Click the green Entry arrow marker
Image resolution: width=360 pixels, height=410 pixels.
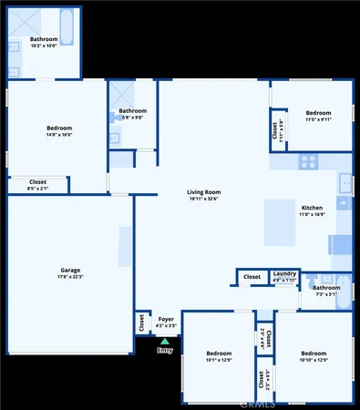[164, 341]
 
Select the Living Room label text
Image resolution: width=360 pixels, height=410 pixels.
[205, 192]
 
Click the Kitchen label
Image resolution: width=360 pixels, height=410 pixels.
[313, 208]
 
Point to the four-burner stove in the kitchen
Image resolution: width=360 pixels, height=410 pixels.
[308, 161]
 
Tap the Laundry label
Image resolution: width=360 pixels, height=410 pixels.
[284, 273]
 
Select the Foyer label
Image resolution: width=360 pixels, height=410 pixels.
[166, 319]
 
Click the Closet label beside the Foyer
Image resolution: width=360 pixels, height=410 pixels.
[142, 322]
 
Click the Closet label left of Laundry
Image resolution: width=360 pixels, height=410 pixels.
[252, 276]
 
